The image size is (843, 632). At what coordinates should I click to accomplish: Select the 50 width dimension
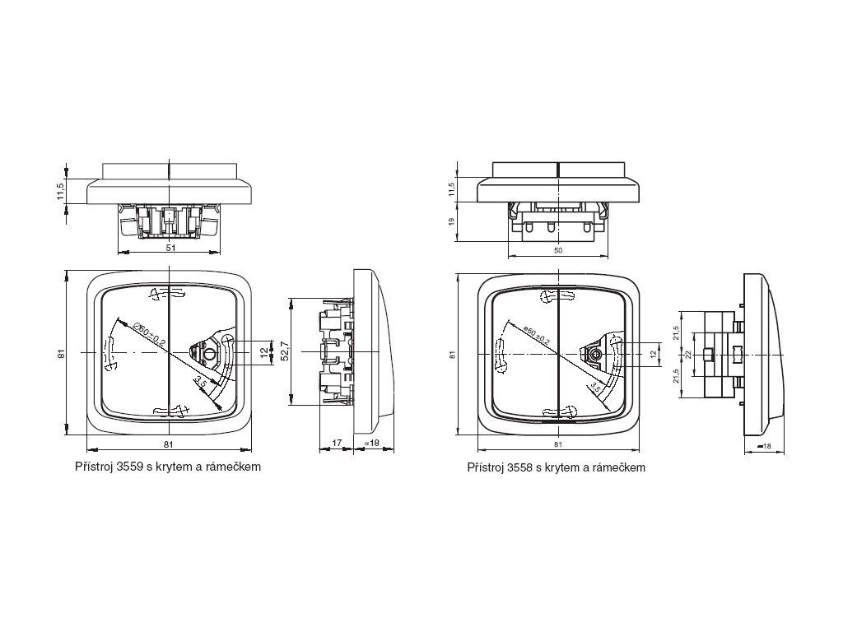558,250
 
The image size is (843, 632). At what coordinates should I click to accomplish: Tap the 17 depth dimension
337,443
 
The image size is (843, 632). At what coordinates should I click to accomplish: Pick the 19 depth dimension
451,222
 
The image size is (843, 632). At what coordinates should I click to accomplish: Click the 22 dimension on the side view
687,355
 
